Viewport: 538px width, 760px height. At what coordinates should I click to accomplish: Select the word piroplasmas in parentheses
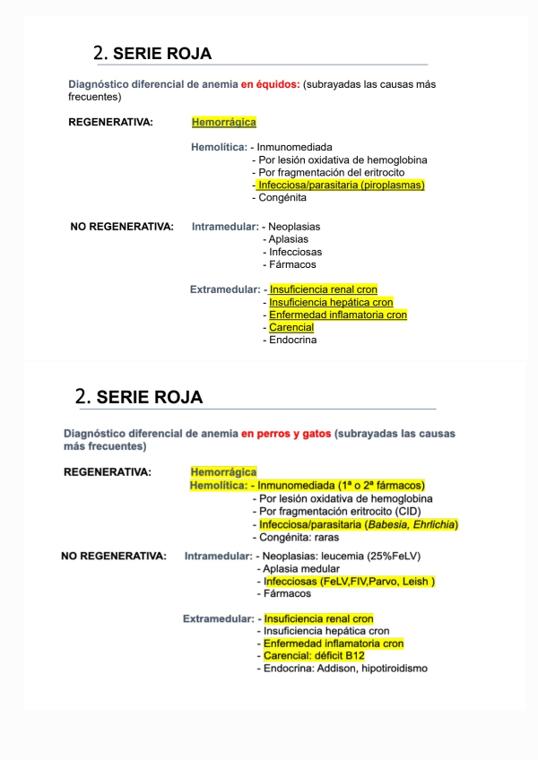[x=393, y=186]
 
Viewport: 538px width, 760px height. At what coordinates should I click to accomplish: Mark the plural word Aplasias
[x=288, y=239]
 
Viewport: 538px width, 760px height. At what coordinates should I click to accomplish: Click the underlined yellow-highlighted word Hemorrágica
[x=223, y=122]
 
